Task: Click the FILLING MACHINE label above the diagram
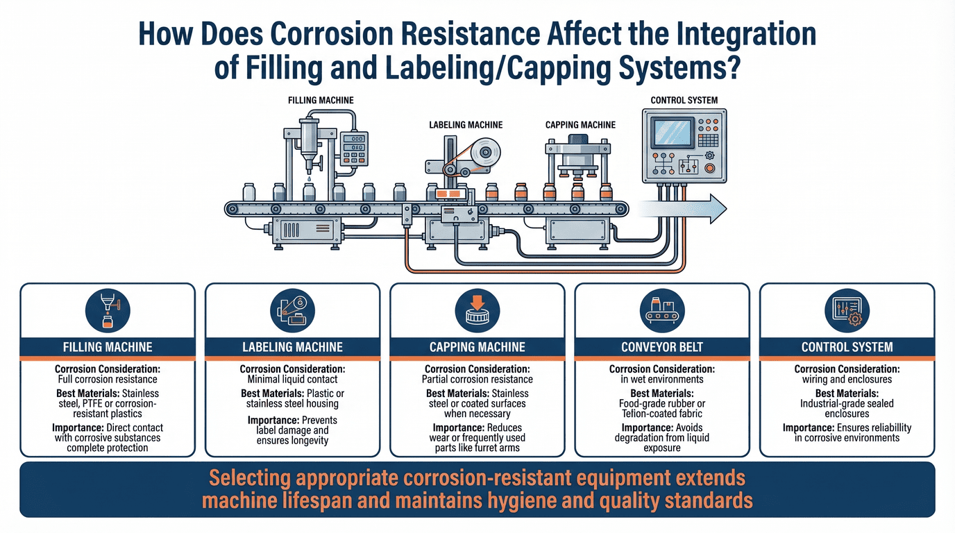(321, 100)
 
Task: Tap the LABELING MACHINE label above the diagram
(466, 125)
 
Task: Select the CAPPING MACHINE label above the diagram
(580, 125)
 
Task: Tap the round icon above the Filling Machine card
(108, 310)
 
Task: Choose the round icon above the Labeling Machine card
(292, 310)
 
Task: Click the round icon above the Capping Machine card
(477, 310)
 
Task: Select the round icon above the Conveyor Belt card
(662, 310)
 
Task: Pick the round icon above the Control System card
(847, 310)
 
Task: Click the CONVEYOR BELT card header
(662, 346)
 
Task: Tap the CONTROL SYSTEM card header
(847, 346)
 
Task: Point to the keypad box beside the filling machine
(354, 146)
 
